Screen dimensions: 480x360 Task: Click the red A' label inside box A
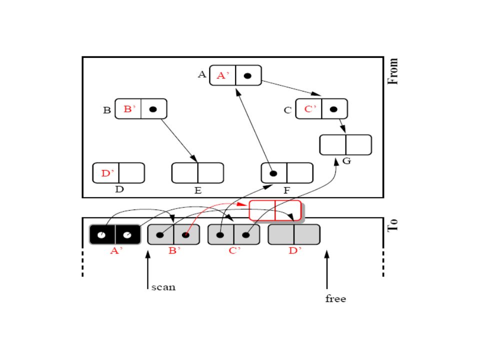[x=223, y=75]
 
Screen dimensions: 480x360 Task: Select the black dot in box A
[x=247, y=75]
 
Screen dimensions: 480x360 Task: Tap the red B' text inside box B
[x=129, y=109]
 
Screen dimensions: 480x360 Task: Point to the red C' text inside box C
[x=310, y=109]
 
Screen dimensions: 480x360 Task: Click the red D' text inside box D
[x=107, y=173]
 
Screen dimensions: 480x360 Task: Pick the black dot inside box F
[x=273, y=173]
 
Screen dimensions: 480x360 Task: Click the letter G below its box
[x=346, y=160]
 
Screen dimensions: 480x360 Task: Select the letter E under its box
[x=198, y=190]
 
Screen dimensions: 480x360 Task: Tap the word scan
[x=163, y=287]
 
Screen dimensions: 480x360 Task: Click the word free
[x=335, y=298]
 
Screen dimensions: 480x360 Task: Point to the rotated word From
[x=393, y=71]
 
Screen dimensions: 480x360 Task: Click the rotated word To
[x=393, y=225]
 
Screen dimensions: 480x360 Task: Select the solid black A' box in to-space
[x=115, y=234]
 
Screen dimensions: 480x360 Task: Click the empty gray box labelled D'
[x=294, y=234]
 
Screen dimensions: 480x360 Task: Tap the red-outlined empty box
[x=275, y=210]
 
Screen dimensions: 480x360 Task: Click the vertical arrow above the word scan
[x=148, y=270]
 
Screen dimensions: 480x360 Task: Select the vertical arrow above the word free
[x=327, y=269]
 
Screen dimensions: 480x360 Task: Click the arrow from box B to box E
[x=179, y=140]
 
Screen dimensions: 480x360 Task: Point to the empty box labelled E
[x=198, y=173]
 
